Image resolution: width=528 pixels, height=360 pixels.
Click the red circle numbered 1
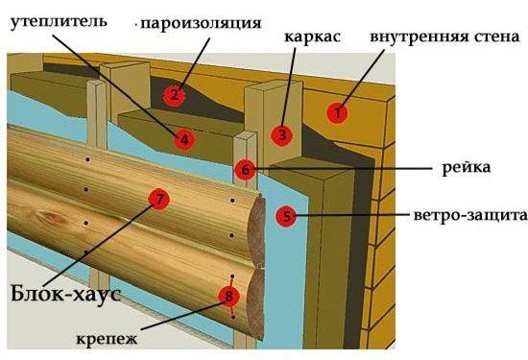click(x=337, y=112)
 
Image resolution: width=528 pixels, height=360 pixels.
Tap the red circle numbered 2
click(x=174, y=95)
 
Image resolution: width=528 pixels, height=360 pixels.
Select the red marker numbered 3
click(x=282, y=135)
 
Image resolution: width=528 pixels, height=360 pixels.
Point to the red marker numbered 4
click(x=184, y=139)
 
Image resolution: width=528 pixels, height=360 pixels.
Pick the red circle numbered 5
click(x=286, y=216)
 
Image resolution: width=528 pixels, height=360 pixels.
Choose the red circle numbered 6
click(x=246, y=170)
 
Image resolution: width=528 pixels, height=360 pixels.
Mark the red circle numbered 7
click(x=159, y=199)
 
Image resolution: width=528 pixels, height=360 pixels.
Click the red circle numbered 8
click(x=229, y=296)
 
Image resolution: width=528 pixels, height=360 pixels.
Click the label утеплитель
click(x=59, y=22)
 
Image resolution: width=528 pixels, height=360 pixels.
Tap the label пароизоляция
click(x=201, y=24)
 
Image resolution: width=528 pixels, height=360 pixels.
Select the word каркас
click(x=313, y=36)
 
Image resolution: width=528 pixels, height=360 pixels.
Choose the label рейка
click(x=466, y=167)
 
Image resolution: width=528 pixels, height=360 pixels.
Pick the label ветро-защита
click(x=470, y=215)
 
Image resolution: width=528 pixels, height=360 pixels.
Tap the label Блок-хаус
click(x=66, y=294)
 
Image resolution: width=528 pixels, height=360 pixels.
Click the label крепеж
click(x=108, y=339)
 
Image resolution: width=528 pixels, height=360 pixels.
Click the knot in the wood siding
click(x=51, y=218)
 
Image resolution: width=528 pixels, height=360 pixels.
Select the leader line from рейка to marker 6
click(x=344, y=168)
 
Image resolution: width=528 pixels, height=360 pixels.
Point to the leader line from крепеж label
click(x=183, y=316)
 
